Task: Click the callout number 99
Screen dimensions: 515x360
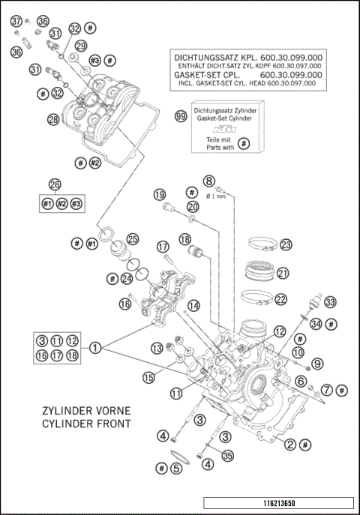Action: pos(180,116)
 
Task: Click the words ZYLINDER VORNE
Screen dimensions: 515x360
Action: pos(79,412)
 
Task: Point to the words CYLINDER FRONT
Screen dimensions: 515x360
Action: pos(79,424)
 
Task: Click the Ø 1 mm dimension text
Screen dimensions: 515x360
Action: pos(218,196)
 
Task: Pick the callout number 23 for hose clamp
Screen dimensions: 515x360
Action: pos(286,245)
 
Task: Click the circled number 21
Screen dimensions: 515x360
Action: pos(283,273)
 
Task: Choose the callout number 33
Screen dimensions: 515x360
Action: pos(331,302)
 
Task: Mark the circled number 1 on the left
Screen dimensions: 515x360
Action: pos(96,347)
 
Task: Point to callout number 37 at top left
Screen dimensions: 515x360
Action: pos(16,22)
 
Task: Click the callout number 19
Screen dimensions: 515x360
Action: pos(159,195)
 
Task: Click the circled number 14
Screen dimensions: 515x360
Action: pos(194,305)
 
